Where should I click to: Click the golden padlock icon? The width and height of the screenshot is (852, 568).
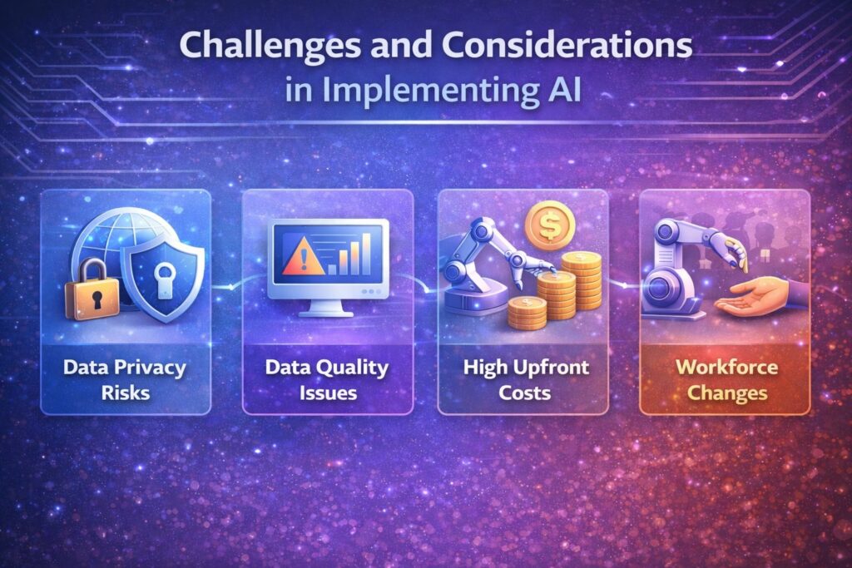[92, 287]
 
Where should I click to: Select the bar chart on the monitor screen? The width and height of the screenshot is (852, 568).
[347, 253]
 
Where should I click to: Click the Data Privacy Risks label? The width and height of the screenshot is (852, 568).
[126, 378]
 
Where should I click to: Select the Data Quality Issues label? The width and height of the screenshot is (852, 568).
[328, 378]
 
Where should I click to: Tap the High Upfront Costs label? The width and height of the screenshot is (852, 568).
[523, 378]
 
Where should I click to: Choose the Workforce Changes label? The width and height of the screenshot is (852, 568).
[724, 378]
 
